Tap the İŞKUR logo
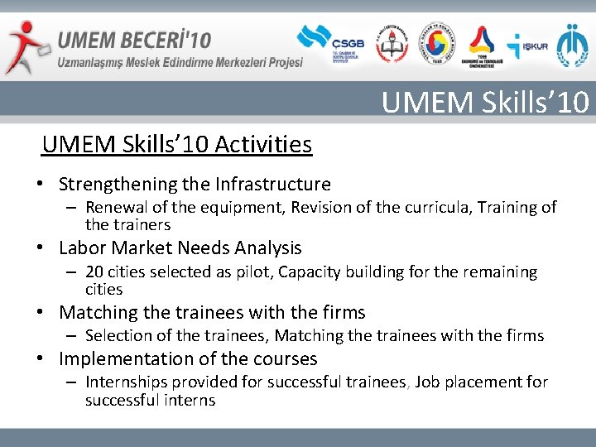tap(528, 45)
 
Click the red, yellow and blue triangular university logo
tap(482, 46)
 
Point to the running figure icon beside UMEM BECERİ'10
tap(25, 46)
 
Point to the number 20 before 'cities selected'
tap(94, 272)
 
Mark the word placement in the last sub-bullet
tap(483, 382)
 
